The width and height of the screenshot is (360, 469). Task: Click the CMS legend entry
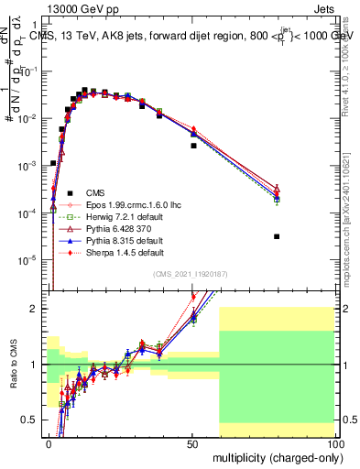95,192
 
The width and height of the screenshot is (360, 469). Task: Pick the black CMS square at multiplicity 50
193,146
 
